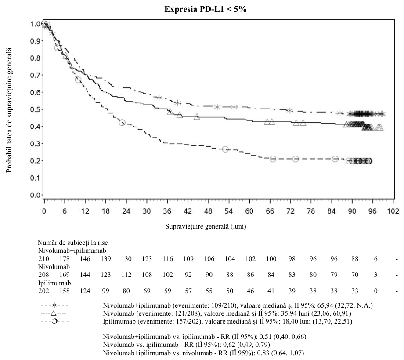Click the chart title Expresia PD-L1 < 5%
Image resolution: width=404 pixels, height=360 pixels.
[206, 9]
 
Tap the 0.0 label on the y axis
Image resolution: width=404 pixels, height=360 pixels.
[35, 195]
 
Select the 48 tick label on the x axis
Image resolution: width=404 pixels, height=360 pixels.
[208, 211]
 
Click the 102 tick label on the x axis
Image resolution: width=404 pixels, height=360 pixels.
[393, 211]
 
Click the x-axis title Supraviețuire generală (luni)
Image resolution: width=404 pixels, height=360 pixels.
[206, 226]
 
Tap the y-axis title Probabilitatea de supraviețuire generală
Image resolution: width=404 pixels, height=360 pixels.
[9, 110]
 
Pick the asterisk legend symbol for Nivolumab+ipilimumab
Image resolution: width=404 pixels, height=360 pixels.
[54, 305]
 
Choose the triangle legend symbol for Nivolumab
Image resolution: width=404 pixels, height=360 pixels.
[54, 313]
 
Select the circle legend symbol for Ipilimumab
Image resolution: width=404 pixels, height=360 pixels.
[54, 322]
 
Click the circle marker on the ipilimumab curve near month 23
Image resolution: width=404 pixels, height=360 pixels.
[122, 123]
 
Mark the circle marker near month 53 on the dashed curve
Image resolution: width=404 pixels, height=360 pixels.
[225, 149]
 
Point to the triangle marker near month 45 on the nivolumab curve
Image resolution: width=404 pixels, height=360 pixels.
[197, 116]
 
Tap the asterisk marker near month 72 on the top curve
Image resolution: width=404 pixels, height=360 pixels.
[290, 110]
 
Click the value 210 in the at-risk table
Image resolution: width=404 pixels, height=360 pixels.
[43, 258]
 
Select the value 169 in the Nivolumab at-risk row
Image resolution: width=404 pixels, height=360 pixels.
[65, 275]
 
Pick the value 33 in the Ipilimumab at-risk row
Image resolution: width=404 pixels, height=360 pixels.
[355, 291]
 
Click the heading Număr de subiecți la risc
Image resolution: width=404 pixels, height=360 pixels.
[72, 243]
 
